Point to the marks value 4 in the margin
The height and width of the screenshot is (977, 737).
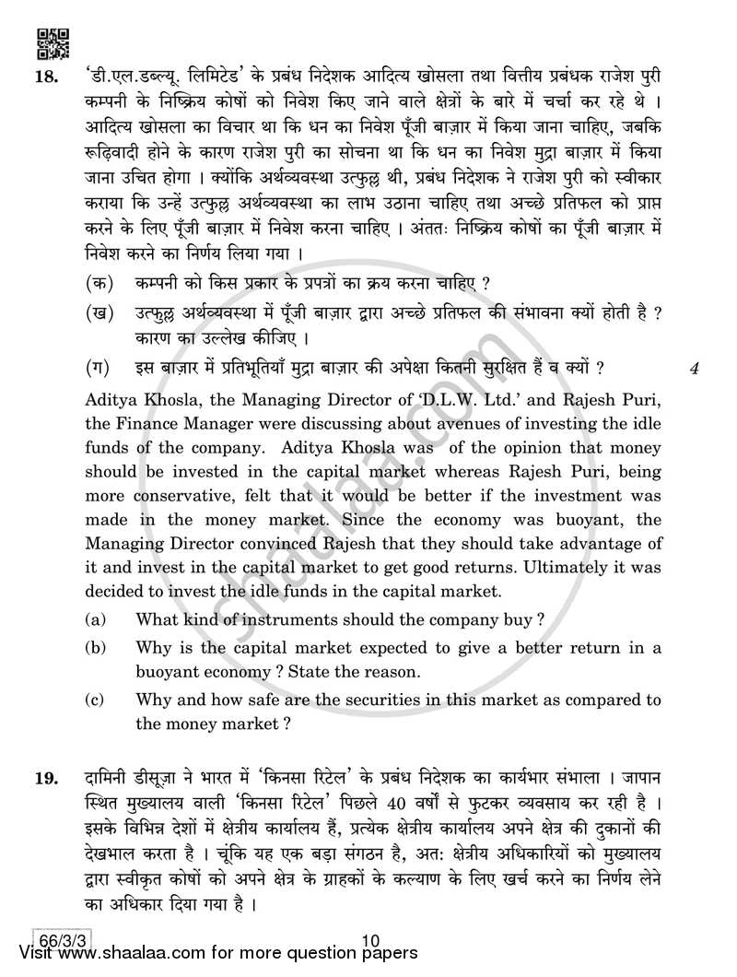tap(696, 370)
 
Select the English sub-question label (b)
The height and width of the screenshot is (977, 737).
tap(95, 648)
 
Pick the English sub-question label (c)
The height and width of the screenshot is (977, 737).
tap(95, 701)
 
